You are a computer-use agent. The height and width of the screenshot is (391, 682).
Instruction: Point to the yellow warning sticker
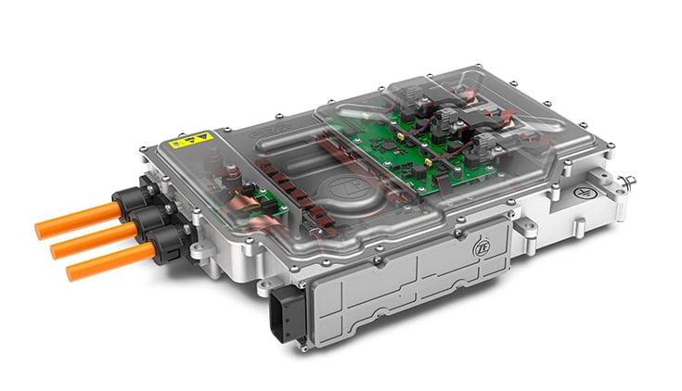click(191, 141)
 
